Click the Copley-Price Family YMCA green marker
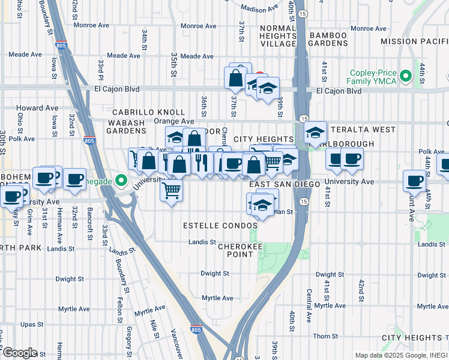[406, 76]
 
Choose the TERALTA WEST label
[361, 130]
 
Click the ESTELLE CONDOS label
[220, 226]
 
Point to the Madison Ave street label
[260, 8]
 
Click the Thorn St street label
[325, 336]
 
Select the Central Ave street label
[309, 298]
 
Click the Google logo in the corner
[19, 352]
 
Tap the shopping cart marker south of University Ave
[172, 191]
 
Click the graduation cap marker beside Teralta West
[315, 134]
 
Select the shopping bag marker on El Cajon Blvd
[236, 79]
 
